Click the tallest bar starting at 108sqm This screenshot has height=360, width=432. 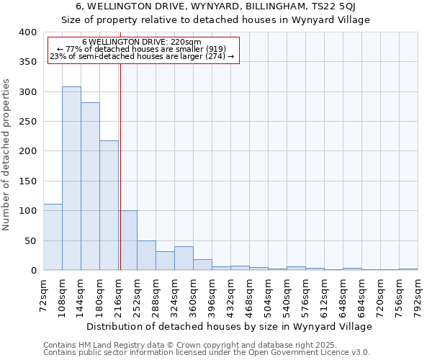[71, 179]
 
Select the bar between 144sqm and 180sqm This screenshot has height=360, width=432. [90, 186]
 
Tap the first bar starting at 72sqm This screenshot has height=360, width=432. [53, 237]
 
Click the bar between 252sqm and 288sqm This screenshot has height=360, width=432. [146, 256]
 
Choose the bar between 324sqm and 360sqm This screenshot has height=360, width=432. [184, 258]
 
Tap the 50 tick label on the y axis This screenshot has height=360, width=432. [31, 240]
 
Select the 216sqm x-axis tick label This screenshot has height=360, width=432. [119, 295]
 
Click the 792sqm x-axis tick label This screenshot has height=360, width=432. [418, 295]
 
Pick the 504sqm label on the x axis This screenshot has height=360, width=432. [269, 295]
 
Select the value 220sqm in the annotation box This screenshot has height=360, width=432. [187, 42]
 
